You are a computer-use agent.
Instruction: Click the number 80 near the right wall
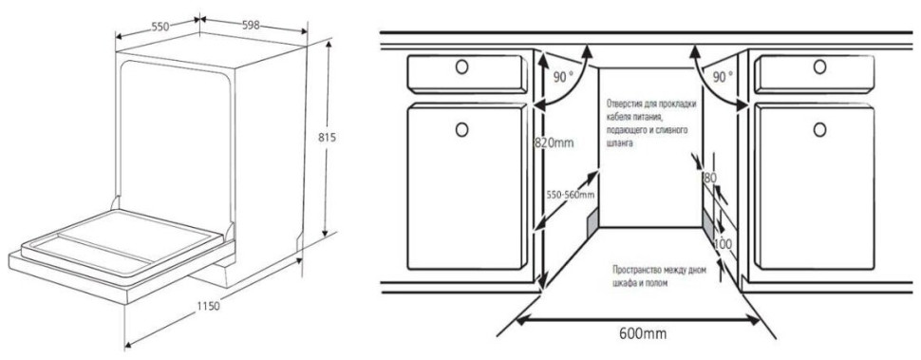[x=709, y=177]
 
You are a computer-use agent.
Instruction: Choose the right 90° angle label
[x=723, y=75]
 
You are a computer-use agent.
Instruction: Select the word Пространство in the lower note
[x=640, y=270]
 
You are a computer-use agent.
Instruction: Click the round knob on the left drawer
[x=462, y=67]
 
